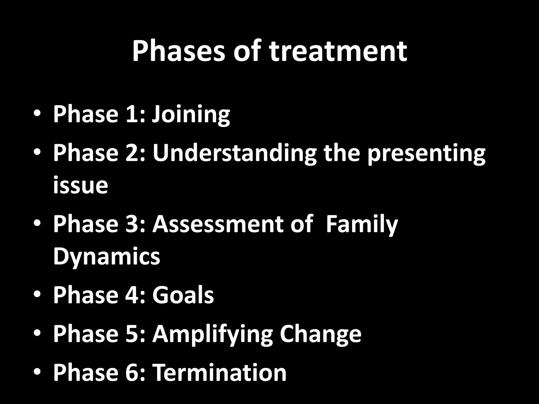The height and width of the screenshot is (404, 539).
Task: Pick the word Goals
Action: [183, 295]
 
